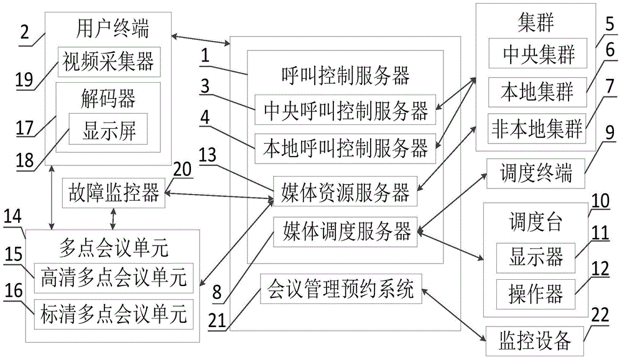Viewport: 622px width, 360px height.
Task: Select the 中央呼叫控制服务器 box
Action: tap(345, 112)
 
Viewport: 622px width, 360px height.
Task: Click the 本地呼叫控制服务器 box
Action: tap(345, 148)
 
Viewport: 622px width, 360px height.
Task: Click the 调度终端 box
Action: tap(537, 173)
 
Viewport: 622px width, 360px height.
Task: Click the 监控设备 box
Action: tap(536, 339)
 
